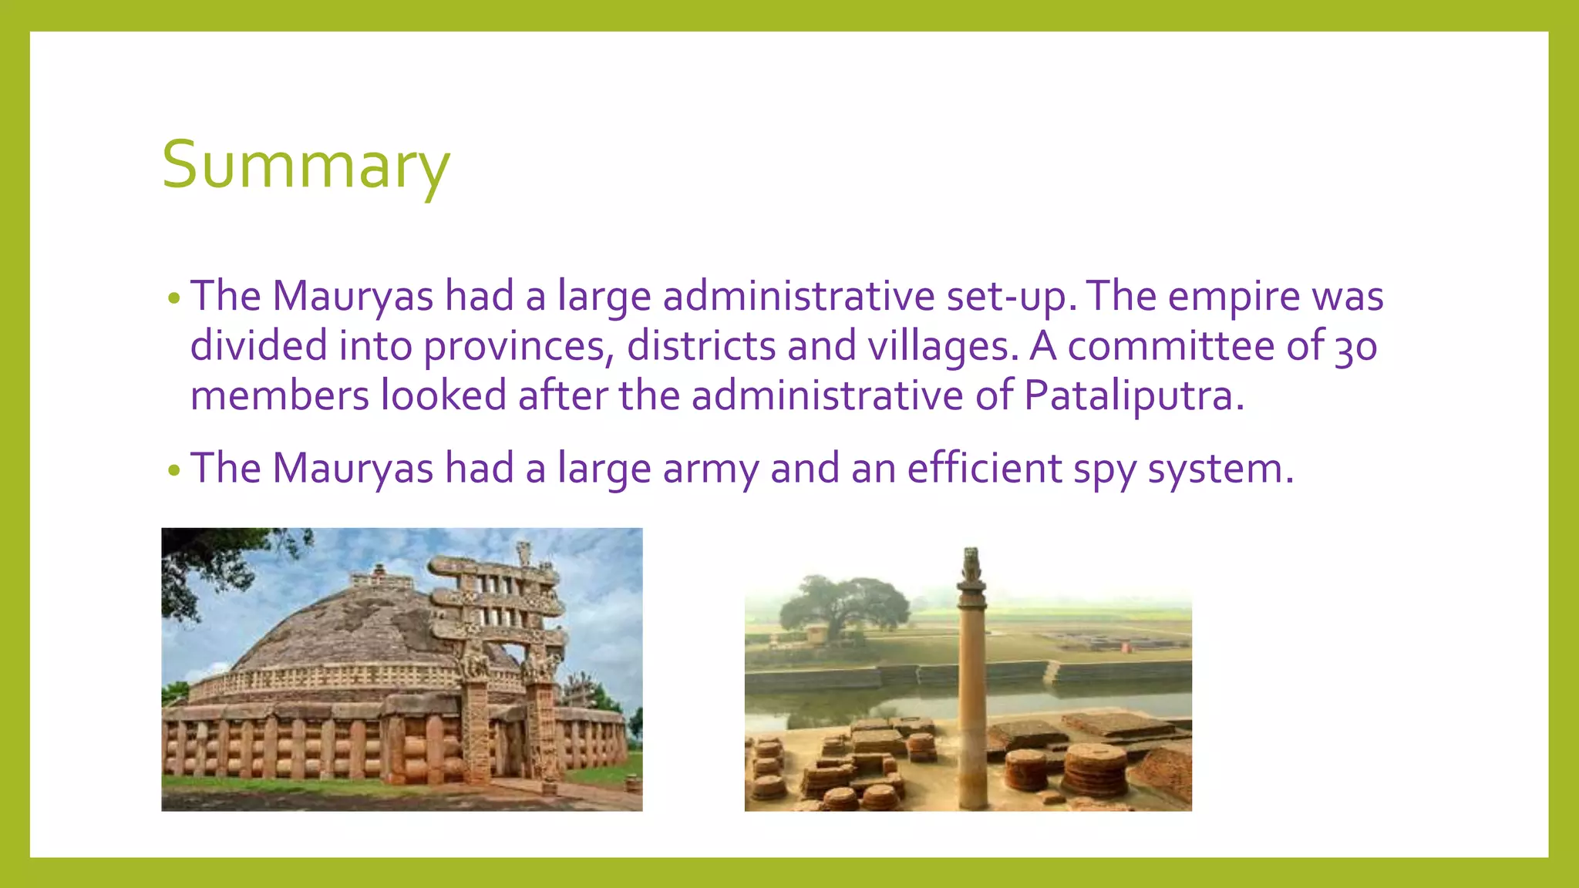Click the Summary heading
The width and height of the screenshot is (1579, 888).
(x=305, y=165)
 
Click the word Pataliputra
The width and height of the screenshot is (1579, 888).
(x=1133, y=395)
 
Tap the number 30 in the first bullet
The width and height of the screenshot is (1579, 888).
(x=1356, y=346)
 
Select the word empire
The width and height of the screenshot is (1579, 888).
(x=1234, y=297)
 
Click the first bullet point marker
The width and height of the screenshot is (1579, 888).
(x=174, y=299)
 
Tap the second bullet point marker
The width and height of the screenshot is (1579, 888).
(x=174, y=470)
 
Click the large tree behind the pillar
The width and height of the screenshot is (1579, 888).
(x=844, y=605)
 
